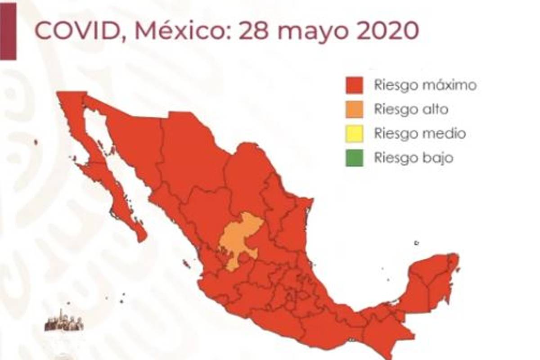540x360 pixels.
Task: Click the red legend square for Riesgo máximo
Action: (354, 85)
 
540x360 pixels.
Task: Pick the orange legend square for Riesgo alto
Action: (354, 110)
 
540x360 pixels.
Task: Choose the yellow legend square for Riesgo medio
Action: (354, 134)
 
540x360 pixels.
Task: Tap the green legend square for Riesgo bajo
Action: (354, 158)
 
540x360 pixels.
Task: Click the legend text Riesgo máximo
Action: (425, 85)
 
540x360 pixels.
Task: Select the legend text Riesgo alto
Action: (411, 110)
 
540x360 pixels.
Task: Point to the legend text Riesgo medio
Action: (419, 134)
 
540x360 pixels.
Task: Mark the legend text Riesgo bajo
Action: (413, 158)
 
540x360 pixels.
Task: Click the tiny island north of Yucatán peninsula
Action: (417, 243)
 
